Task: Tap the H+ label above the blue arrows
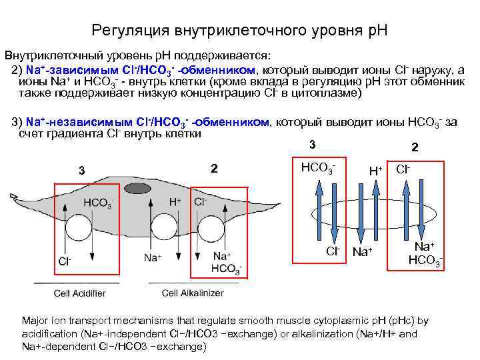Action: click(375, 171)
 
